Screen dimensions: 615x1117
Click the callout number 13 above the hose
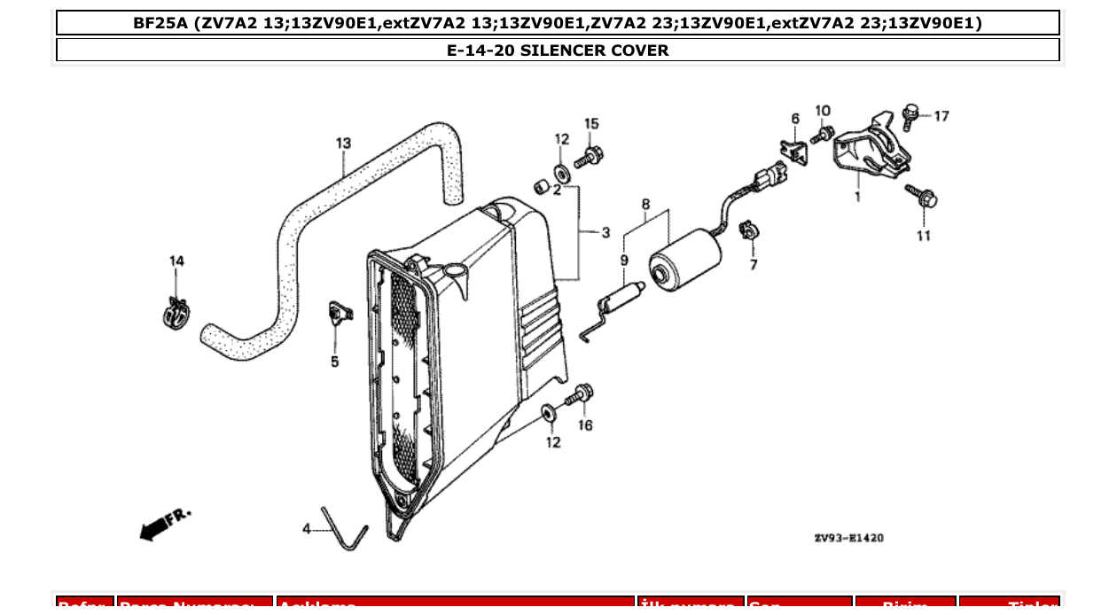point(343,143)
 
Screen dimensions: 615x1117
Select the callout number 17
point(941,116)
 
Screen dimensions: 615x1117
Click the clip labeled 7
point(749,231)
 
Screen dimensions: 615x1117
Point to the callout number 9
point(624,260)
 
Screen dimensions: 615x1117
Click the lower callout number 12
point(553,442)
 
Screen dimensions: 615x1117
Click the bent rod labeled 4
point(346,529)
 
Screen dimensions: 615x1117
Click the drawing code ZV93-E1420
point(848,538)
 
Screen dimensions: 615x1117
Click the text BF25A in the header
point(160,23)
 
